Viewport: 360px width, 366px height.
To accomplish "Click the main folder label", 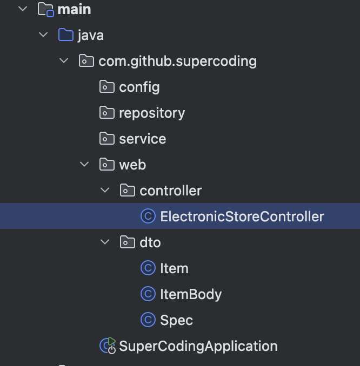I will (74, 9).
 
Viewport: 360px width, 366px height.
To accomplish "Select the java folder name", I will (90, 35).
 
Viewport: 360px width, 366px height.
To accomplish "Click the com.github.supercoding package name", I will (177, 61).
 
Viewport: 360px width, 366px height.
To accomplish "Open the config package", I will (139, 87).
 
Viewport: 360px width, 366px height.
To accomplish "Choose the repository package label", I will (152, 113).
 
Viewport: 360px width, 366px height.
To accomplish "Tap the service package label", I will (142, 139).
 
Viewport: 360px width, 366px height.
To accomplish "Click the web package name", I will (132, 165).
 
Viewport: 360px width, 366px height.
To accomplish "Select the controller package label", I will (170, 191).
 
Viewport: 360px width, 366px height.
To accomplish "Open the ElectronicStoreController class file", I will (242, 216).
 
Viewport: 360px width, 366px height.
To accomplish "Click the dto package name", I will (150, 242).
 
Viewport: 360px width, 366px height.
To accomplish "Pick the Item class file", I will (174, 268).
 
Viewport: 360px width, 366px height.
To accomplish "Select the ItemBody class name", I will (191, 294).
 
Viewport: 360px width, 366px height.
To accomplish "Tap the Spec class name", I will (176, 320).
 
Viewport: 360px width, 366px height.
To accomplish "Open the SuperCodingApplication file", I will (198, 346).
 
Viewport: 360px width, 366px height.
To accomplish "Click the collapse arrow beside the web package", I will (84, 165).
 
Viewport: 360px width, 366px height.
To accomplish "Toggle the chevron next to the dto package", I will (105, 242).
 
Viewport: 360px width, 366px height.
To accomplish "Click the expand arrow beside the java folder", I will (43, 35).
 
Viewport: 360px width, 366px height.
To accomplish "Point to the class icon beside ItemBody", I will (148, 294).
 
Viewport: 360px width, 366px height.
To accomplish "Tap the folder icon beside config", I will (107, 87).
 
